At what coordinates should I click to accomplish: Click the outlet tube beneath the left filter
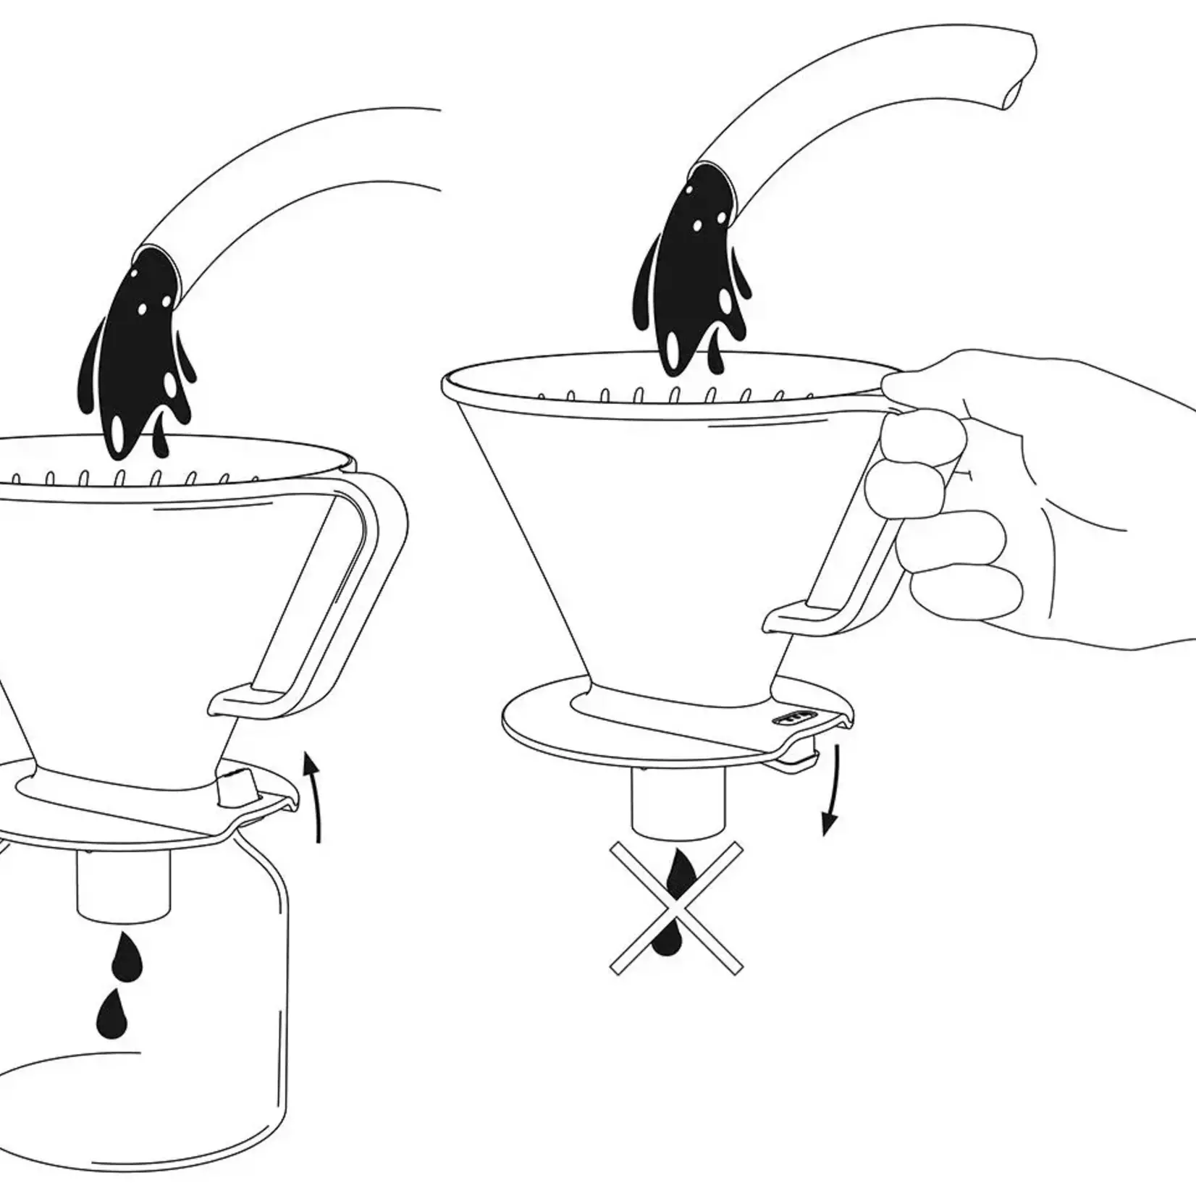point(123,887)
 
